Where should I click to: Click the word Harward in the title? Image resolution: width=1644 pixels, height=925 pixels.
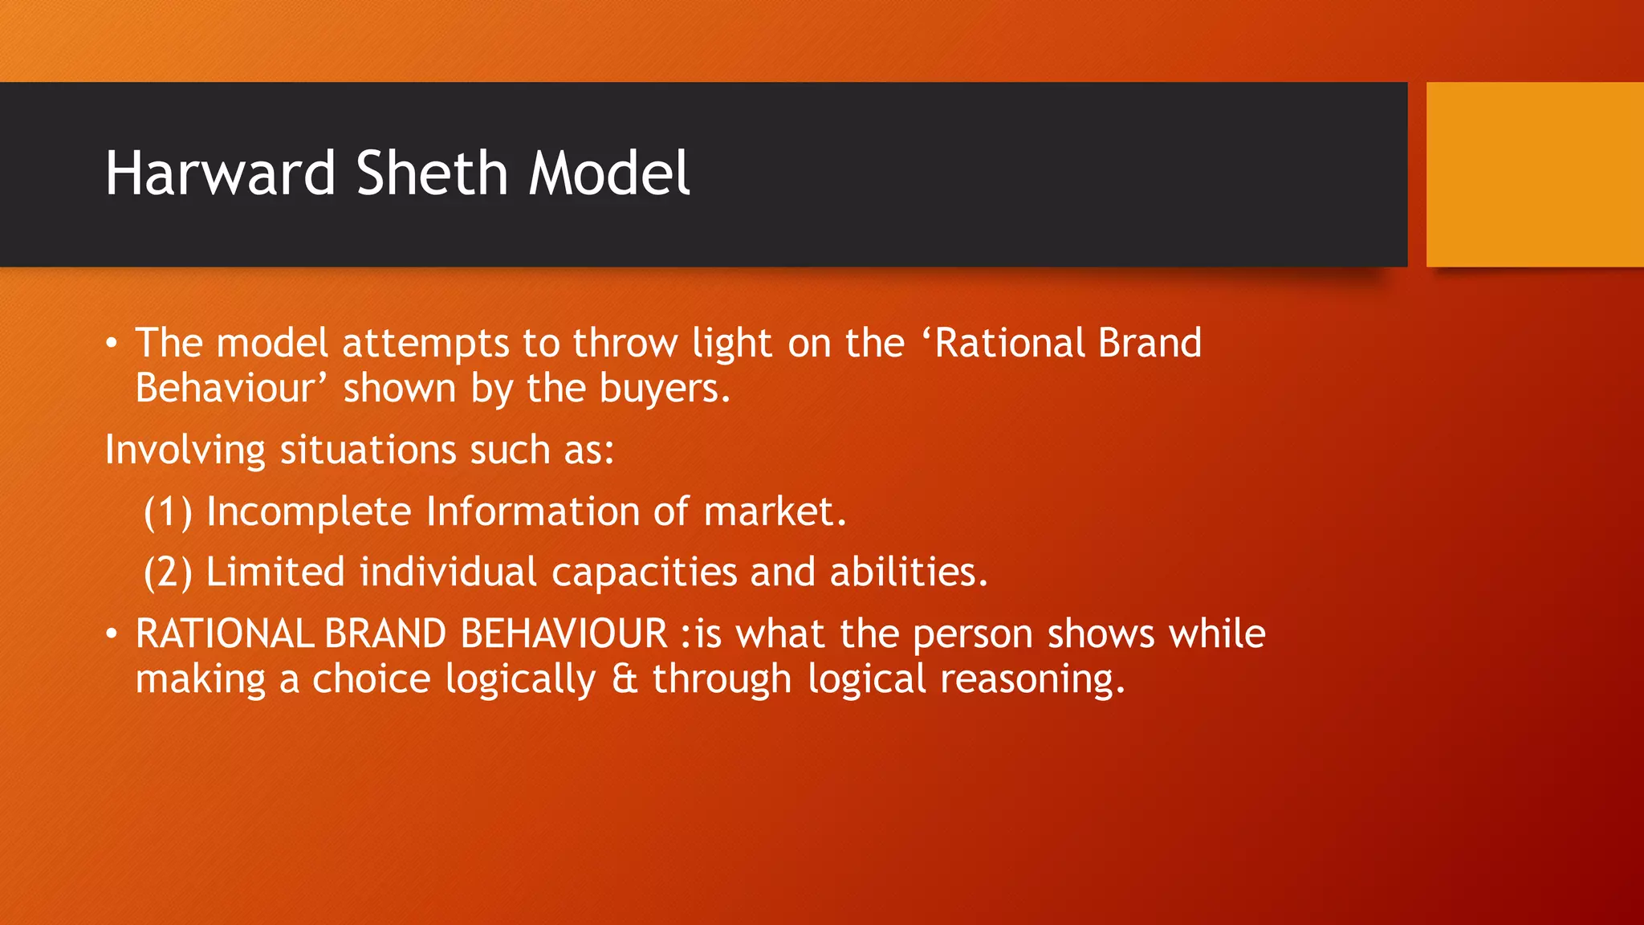click(x=220, y=173)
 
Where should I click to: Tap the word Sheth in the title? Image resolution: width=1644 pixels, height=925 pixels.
click(x=432, y=173)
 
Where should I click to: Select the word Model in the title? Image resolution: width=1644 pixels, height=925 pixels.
click(x=608, y=173)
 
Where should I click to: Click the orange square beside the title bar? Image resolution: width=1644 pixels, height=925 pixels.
click(x=1534, y=174)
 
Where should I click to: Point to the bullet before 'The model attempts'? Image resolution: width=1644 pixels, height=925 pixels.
click(x=112, y=344)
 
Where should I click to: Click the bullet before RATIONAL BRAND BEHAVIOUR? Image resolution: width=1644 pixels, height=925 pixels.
click(x=112, y=635)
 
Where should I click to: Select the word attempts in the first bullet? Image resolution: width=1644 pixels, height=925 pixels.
click(x=425, y=344)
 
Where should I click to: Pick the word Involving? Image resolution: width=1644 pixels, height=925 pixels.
click(x=185, y=450)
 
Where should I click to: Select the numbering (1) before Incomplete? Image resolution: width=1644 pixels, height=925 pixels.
click(x=168, y=512)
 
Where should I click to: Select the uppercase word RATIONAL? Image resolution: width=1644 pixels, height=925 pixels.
click(x=224, y=634)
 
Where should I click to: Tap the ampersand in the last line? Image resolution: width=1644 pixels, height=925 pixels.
click(x=624, y=679)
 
